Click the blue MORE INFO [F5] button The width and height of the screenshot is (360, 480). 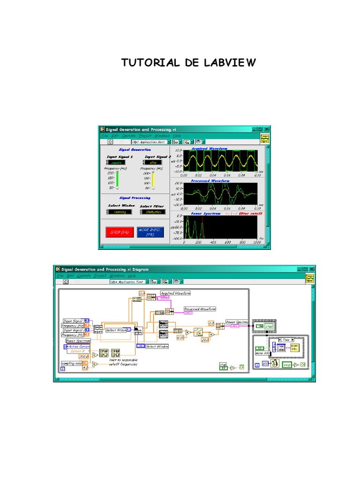tap(150, 232)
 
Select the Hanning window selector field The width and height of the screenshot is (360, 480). tap(120, 212)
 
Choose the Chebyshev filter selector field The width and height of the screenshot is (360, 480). tap(153, 212)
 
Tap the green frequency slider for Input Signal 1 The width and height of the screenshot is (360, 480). tap(118, 180)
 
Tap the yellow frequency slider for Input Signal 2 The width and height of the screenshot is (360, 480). tap(152, 180)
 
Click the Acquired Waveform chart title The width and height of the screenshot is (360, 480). tap(209, 149)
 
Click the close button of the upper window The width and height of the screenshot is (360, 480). tap(267, 129)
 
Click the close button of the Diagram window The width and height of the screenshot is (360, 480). tap(311, 269)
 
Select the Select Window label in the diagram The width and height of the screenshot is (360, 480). tap(157, 346)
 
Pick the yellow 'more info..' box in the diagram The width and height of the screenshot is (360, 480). tap(294, 348)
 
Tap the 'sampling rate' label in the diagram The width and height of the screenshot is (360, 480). tap(71, 363)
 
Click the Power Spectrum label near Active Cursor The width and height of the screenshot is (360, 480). tap(75, 341)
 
